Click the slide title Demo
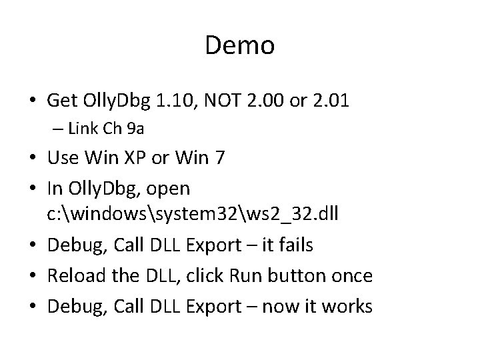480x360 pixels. (239, 45)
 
